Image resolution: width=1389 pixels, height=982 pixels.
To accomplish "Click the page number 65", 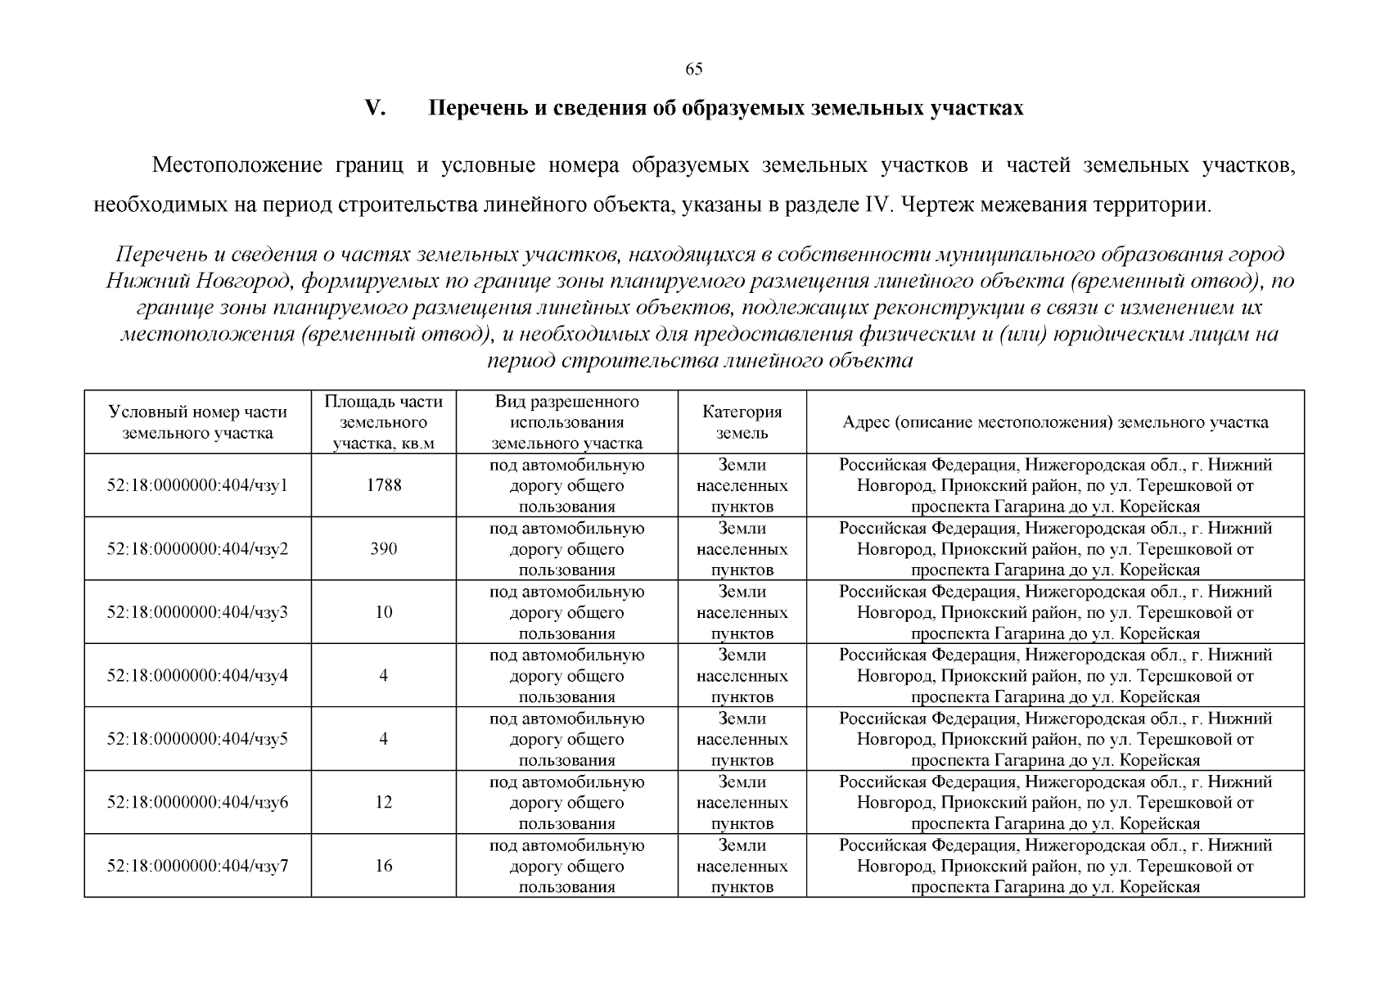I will (693, 69).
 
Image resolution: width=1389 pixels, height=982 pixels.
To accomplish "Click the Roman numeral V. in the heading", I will (375, 108).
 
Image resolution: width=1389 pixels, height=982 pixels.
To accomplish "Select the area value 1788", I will (383, 485).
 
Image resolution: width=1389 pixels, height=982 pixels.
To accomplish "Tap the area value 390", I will (383, 548).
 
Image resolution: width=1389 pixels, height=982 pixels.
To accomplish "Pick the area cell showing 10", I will (383, 612).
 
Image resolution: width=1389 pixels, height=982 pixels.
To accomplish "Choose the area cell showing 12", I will (383, 802).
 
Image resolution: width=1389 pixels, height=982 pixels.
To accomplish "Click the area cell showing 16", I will (383, 866).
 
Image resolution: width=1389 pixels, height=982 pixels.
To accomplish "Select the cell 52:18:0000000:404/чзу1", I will (197, 485).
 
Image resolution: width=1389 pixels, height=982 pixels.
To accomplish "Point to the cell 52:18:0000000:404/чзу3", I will (197, 612).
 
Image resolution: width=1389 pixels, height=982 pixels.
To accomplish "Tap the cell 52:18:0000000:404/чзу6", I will (197, 802).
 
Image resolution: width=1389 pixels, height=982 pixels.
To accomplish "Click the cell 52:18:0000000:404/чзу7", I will (197, 866).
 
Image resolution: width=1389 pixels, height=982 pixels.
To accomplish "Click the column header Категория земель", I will (742, 422).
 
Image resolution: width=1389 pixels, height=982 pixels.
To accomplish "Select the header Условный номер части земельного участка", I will (197, 422).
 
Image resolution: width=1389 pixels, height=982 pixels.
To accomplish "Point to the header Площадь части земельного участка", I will (383, 422).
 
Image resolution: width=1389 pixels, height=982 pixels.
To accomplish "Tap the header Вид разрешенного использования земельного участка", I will (566, 422).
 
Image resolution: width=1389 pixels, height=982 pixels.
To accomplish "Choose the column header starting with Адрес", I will (1055, 422).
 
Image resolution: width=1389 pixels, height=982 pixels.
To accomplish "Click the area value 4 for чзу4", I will (383, 676).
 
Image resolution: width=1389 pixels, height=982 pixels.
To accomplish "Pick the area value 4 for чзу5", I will (383, 739).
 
